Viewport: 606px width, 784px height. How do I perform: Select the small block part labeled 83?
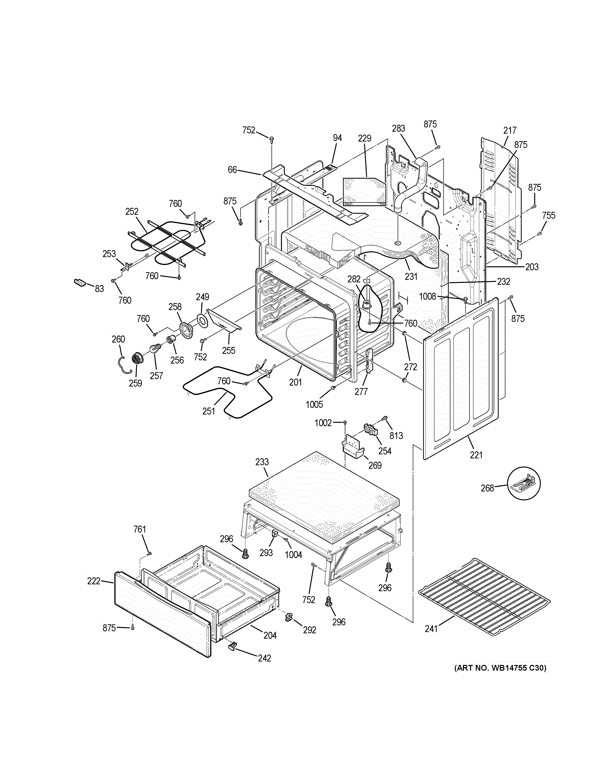80,283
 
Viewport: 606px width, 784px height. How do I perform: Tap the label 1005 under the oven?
314,405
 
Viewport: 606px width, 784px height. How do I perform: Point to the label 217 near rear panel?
510,130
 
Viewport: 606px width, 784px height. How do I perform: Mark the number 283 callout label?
399,128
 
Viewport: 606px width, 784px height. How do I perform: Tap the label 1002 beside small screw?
323,423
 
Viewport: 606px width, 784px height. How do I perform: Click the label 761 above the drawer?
140,529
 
